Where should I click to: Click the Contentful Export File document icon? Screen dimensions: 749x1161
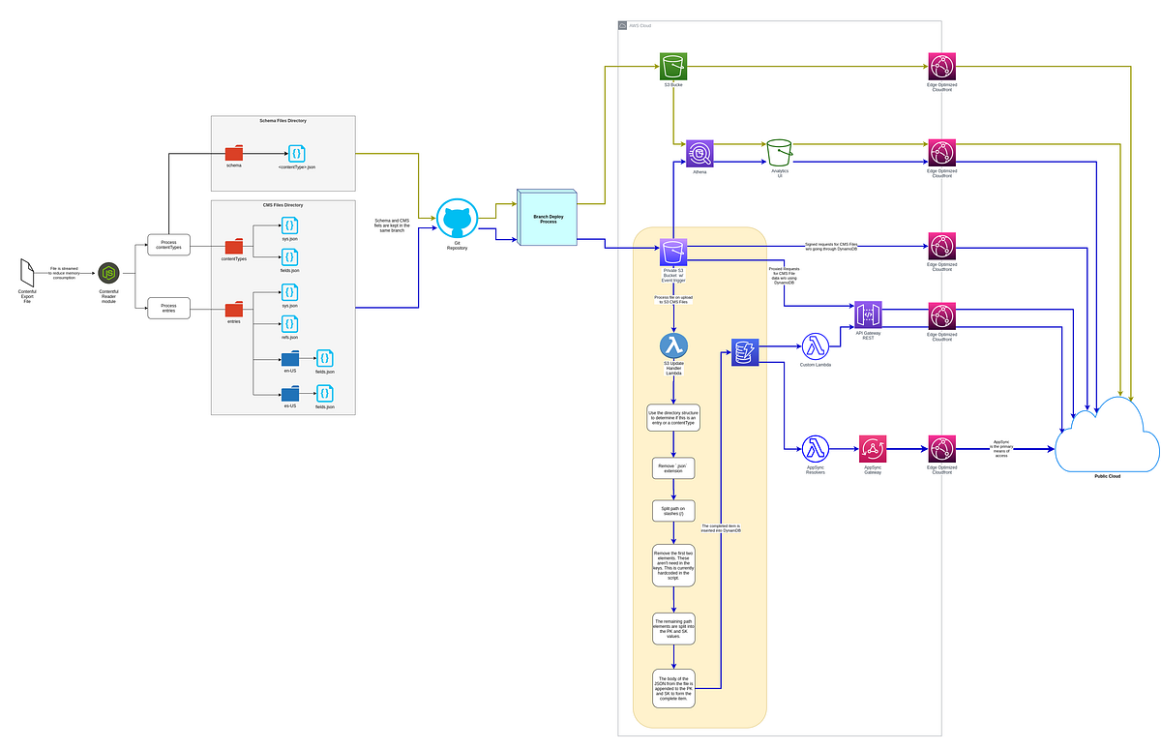[28, 274]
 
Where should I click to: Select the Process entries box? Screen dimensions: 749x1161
[169, 309]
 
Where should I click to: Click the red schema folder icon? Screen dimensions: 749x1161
[234, 153]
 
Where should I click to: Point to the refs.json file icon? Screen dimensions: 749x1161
[288, 323]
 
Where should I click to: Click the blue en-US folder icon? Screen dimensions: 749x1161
[289, 358]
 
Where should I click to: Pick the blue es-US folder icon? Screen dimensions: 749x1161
[289, 394]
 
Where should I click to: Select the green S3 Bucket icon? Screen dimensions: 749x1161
[673, 67]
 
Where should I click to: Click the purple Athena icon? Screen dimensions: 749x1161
[700, 153]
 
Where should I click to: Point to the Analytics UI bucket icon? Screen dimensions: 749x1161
[780, 152]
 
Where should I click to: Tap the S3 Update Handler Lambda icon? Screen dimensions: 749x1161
[673, 345]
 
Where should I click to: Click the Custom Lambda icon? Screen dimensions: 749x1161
[817, 347]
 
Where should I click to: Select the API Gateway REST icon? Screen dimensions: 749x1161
[868, 315]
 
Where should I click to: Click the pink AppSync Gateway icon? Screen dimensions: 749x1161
[874, 449]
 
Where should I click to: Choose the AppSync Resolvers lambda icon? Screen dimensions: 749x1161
[817, 449]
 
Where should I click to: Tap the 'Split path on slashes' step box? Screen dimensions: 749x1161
[673, 512]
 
